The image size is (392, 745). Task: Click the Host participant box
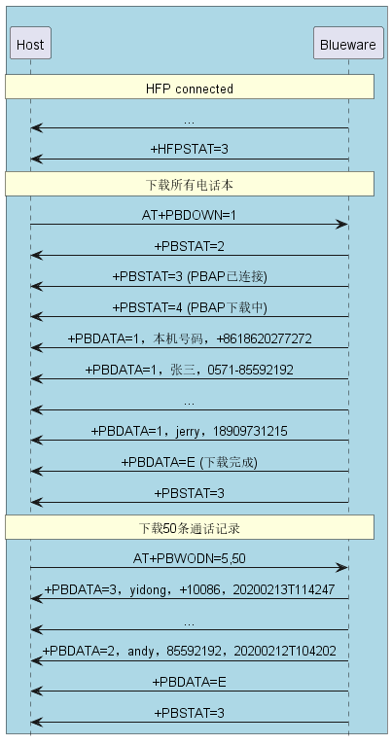30,43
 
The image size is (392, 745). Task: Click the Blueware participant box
348,43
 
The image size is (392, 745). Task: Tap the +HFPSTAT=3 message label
189,149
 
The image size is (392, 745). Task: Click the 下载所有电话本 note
190,184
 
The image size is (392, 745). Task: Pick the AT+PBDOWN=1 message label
189,215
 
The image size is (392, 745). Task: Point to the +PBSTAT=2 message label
189,246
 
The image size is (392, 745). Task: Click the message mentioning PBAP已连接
190,277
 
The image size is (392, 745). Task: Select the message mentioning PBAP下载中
190,308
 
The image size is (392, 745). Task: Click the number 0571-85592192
250,370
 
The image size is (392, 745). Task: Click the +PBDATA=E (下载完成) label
189,462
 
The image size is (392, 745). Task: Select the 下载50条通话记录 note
190,527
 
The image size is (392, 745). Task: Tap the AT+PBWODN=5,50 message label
189,558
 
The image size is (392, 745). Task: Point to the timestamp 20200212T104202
285,651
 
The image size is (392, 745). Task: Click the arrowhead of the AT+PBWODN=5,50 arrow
343,568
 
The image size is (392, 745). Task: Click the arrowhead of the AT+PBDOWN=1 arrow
343,225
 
